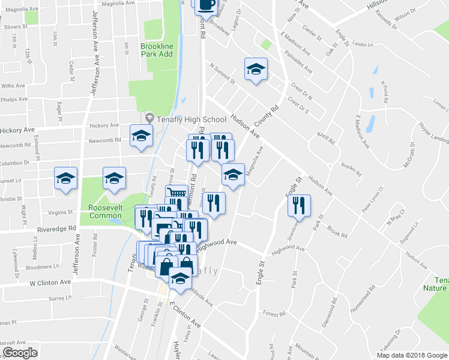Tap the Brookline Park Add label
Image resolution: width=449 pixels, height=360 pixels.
tap(157, 50)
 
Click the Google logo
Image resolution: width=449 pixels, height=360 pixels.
tap(20, 353)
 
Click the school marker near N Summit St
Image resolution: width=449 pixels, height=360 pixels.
tap(256, 69)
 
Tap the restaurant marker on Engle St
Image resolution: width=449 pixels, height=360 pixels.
tap(298, 205)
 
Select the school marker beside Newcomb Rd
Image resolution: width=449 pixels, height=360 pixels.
tap(142, 135)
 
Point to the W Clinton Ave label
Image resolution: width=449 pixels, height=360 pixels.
tap(52, 281)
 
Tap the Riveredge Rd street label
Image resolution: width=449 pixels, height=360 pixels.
tap(55, 229)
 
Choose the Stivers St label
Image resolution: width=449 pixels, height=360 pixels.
tap(16, 26)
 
